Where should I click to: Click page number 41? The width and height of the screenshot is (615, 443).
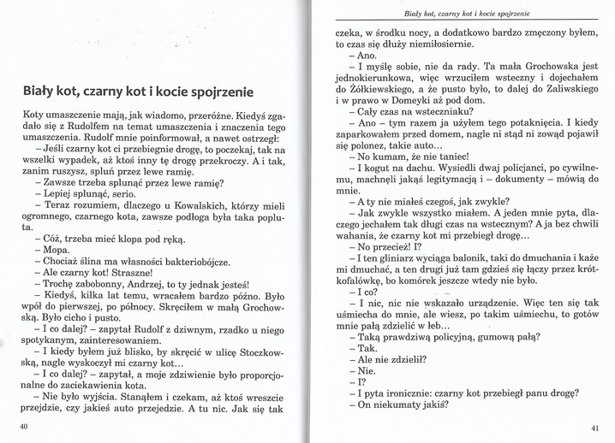pyautogui.click(x=594, y=427)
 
